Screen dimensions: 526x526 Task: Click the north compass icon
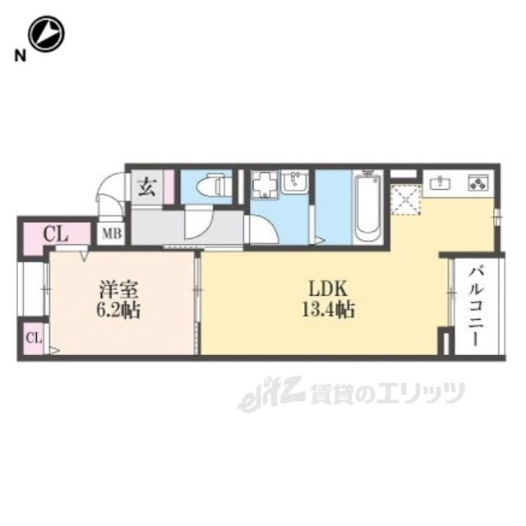[x=46, y=34]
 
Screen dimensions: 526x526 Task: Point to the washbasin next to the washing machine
[x=293, y=182]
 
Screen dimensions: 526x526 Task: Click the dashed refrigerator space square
[x=405, y=200]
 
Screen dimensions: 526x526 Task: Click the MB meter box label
[x=111, y=233]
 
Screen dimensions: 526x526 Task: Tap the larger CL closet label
[x=55, y=233]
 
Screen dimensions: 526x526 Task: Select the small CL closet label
[x=34, y=337]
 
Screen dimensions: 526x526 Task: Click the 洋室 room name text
[x=115, y=290]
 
